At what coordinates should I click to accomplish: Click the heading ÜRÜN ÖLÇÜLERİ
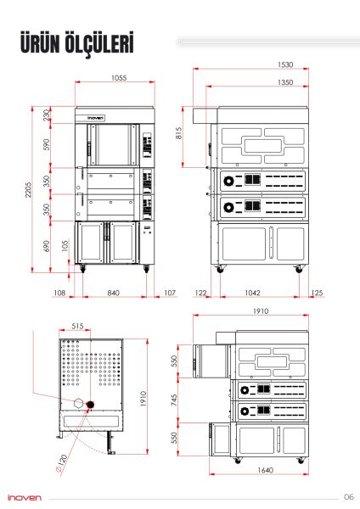point(77,42)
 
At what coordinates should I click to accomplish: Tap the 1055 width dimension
point(119,78)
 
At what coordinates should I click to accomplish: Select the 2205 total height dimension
point(29,189)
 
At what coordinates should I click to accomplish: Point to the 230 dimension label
point(47,115)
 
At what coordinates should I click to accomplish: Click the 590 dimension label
point(47,144)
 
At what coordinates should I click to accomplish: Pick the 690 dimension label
point(47,246)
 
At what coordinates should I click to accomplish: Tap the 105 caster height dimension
point(65,246)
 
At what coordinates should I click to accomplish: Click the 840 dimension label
point(113,293)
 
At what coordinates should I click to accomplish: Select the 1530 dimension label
point(285,64)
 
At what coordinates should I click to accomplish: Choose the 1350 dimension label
point(285,82)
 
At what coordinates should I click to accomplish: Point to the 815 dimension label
point(178,133)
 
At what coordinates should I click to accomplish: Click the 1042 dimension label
point(252,293)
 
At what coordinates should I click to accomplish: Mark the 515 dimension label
point(77,326)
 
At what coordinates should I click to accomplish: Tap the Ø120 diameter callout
point(61,464)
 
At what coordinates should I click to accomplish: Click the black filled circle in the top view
point(90,405)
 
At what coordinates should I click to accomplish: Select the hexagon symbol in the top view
point(78,403)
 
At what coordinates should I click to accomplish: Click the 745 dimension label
point(174,400)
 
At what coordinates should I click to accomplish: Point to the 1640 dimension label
point(265,470)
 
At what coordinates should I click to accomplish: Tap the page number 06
point(349,496)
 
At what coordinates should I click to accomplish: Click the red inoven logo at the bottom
point(25,497)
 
